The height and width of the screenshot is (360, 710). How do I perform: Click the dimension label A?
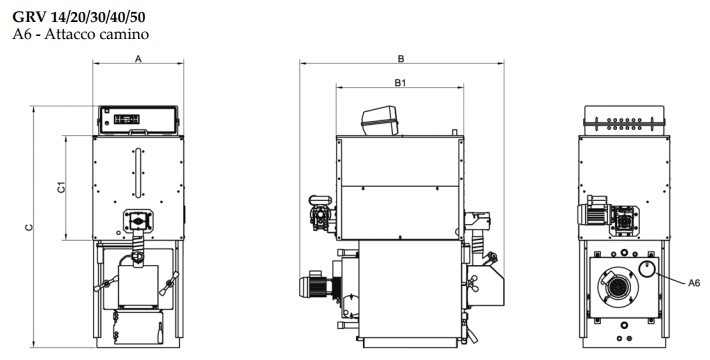click(x=139, y=58)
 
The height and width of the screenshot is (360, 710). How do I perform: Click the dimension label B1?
click(x=400, y=82)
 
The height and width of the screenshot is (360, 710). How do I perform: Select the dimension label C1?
click(x=61, y=187)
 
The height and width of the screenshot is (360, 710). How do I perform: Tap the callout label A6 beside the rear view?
click(x=694, y=283)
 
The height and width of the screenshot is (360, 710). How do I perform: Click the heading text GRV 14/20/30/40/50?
click(x=79, y=17)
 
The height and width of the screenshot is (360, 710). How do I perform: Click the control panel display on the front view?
click(x=127, y=119)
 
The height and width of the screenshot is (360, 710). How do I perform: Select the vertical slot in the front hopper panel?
click(x=138, y=172)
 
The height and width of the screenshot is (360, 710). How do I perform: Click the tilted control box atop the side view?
click(x=380, y=120)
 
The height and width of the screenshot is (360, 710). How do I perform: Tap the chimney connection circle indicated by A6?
click(x=648, y=268)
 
